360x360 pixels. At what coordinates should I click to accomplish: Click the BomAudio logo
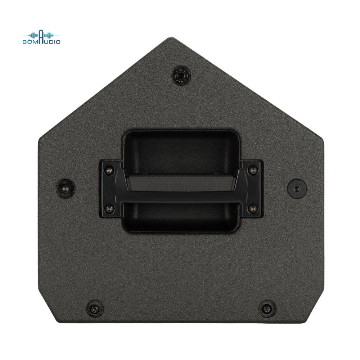pos(41,37)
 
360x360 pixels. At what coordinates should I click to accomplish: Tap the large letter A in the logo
pos(41,37)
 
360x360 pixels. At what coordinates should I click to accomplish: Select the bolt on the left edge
pos(66,188)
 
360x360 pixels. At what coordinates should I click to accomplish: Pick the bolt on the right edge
pos(297,188)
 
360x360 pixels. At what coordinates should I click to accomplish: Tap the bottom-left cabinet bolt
pos(95,308)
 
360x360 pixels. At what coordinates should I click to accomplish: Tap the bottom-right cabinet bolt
pos(267,308)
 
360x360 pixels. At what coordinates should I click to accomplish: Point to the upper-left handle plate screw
pos(109,170)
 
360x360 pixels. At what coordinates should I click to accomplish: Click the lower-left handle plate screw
pos(109,208)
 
